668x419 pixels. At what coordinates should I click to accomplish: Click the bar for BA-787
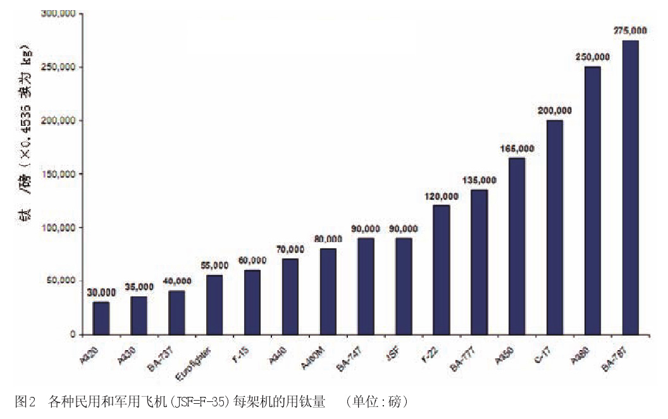click(630, 187)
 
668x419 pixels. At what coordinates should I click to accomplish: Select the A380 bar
click(593, 200)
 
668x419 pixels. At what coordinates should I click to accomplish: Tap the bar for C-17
click(555, 227)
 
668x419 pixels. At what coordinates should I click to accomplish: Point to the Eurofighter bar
click(214, 305)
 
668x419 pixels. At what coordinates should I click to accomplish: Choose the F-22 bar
click(442, 269)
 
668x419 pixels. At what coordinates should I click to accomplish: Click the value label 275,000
click(630, 30)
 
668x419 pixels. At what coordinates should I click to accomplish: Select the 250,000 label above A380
click(593, 57)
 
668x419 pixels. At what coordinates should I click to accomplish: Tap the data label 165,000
click(517, 149)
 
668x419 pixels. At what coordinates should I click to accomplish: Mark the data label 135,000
click(479, 180)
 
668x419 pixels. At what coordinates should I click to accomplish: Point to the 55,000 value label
click(214, 265)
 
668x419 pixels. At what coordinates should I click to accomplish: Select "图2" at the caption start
click(23, 402)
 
